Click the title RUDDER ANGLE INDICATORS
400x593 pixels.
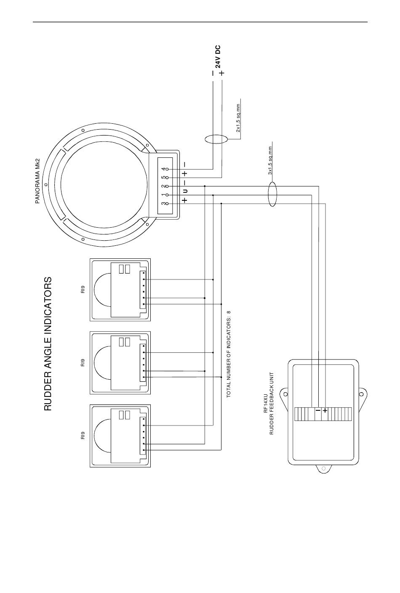[x=48, y=344]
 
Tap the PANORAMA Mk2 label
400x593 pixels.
[x=37, y=181]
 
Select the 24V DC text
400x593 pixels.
[x=218, y=57]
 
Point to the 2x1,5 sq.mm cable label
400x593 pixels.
[x=238, y=118]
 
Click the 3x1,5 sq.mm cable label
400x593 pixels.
[x=270, y=161]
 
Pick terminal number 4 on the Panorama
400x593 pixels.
[x=164, y=169]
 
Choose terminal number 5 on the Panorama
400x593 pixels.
[x=164, y=177]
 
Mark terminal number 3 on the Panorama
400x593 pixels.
[x=164, y=204]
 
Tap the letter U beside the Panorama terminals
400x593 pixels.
[x=185, y=191]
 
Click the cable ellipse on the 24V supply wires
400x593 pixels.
[x=216, y=139]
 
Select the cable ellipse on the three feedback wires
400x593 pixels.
[x=272, y=194]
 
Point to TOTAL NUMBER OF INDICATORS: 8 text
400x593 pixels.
[x=229, y=354]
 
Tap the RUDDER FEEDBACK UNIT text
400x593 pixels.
[x=271, y=404]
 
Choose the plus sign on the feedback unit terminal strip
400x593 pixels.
[x=325, y=411]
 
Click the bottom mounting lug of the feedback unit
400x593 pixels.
[x=323, y=468]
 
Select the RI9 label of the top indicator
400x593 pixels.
[x=83, y=289]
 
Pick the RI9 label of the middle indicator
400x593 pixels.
[x=83, y=362]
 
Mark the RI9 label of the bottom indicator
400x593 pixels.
[x=83, y=436]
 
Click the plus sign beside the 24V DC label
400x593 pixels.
[x=222, y=72]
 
